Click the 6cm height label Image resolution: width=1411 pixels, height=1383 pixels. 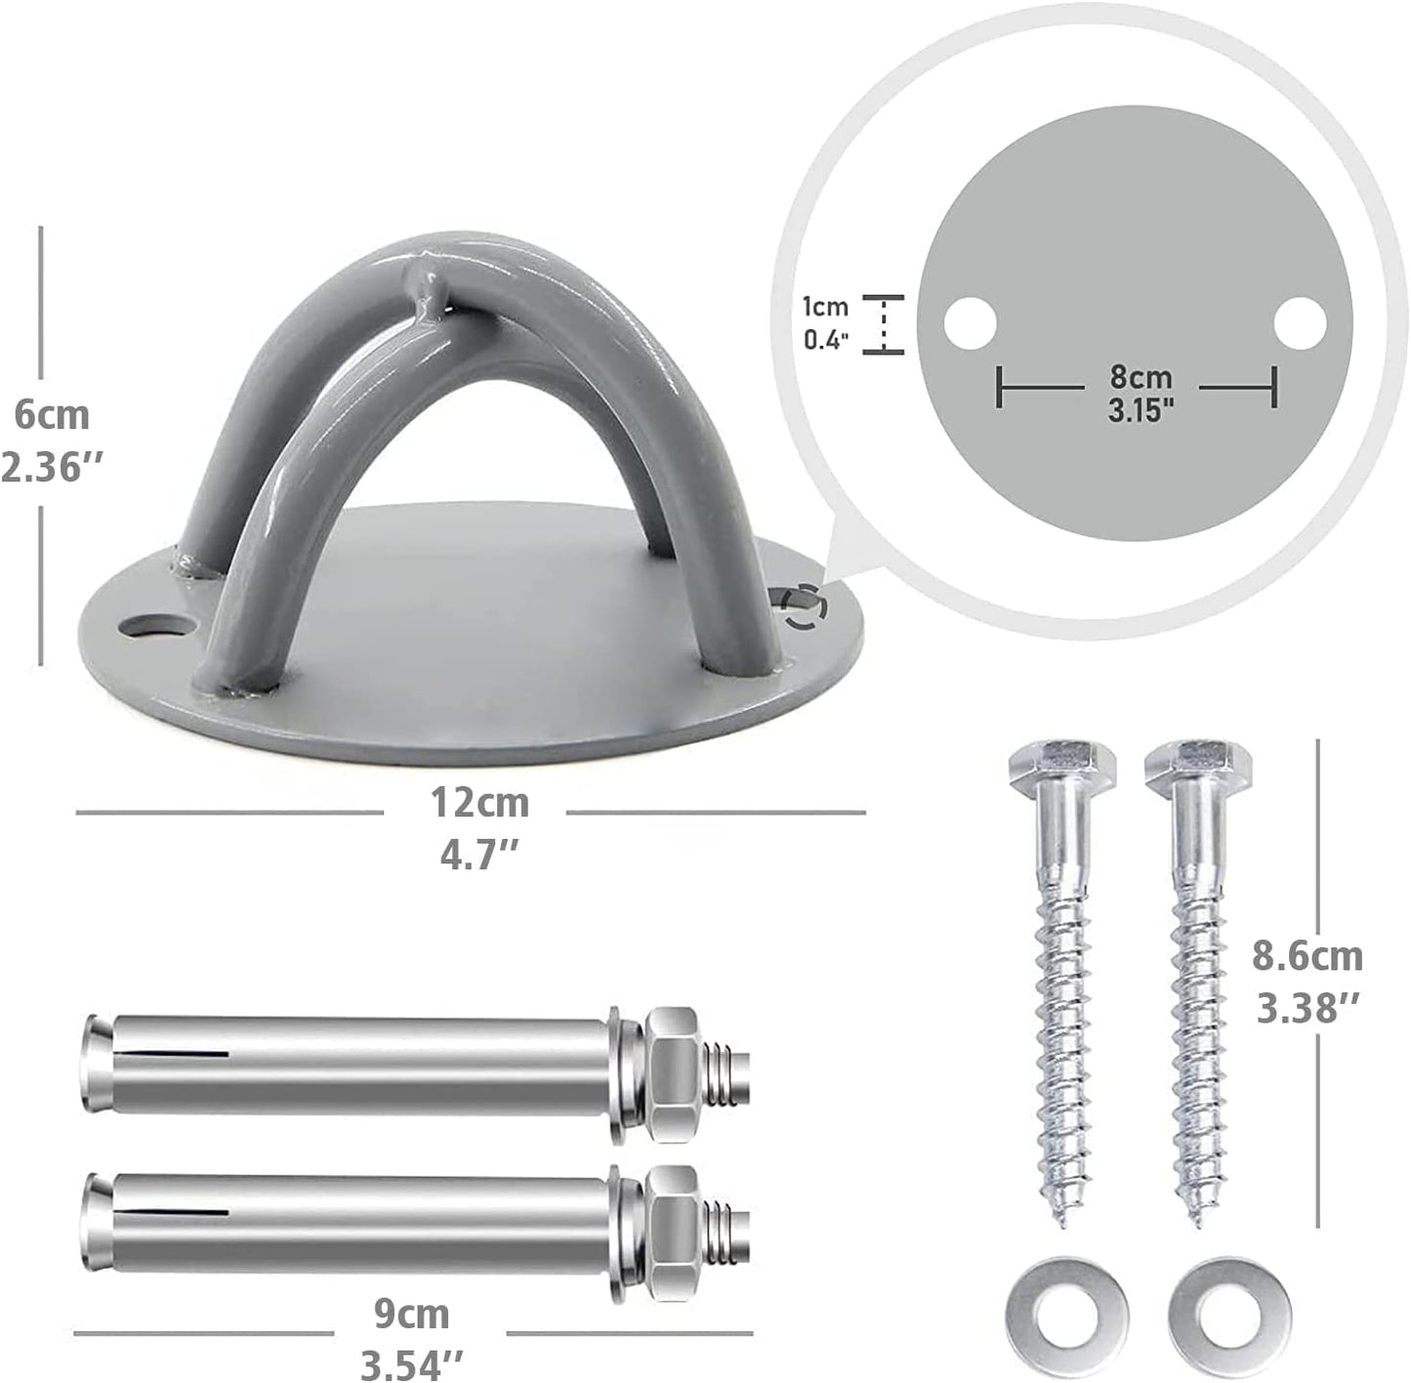coord(51,415)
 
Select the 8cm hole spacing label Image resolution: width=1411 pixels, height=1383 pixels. coord(1140,375)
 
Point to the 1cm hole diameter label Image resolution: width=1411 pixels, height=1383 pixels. coord(825,307)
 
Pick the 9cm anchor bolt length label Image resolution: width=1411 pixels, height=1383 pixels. coord(411,1314)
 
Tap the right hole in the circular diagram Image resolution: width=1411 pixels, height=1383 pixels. coord(1301,322)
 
